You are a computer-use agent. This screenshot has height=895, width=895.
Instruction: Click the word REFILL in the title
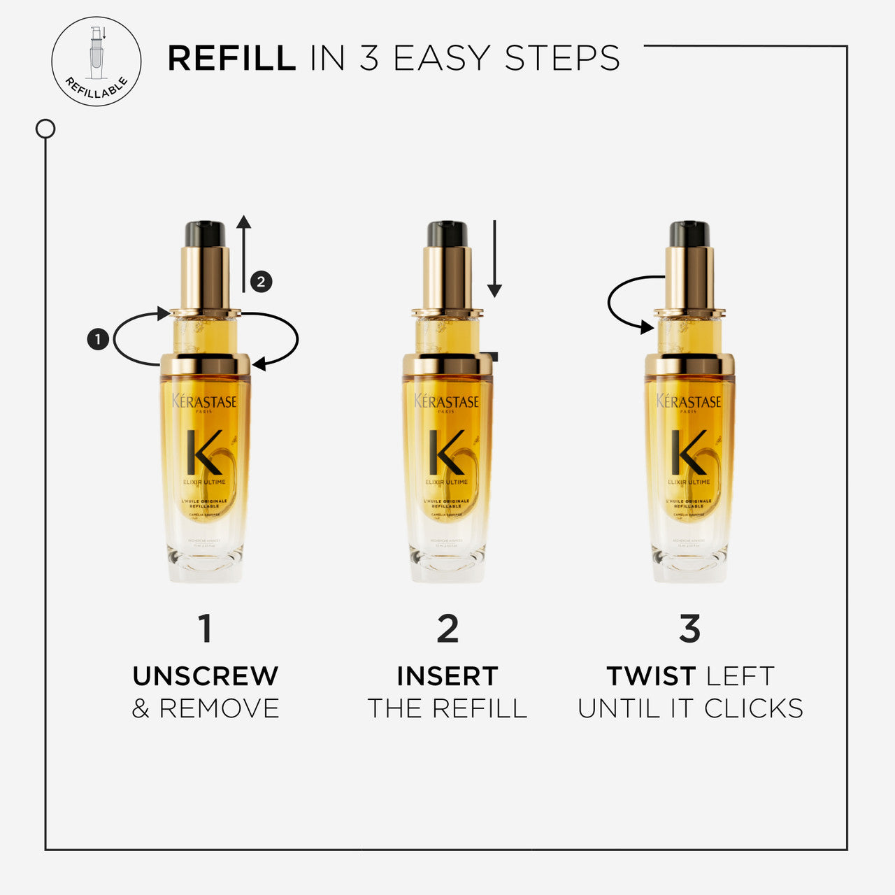[231, 58]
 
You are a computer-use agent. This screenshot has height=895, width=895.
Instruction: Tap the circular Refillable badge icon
[96, 62]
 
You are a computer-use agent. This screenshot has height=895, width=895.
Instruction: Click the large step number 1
[205, 629]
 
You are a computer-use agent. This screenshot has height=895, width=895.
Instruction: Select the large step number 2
[447, 629]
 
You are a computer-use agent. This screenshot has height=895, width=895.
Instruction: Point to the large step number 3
[689, 629]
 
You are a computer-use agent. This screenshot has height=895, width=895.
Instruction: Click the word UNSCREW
[206, 676]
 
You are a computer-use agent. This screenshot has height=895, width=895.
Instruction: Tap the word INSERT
[447, 676]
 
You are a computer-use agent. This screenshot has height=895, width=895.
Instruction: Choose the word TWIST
[651, 676]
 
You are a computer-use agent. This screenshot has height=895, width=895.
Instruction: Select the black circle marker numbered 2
[261, 282]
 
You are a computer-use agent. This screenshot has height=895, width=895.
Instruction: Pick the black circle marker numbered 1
[98, 340]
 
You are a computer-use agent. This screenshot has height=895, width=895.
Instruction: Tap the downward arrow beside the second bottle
[494, 259]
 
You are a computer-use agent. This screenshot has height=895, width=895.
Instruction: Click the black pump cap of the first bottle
[205, 234]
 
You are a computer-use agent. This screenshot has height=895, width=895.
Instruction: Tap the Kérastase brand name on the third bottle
[689, 401]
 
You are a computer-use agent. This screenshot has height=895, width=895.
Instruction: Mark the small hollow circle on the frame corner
[45, 129]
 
